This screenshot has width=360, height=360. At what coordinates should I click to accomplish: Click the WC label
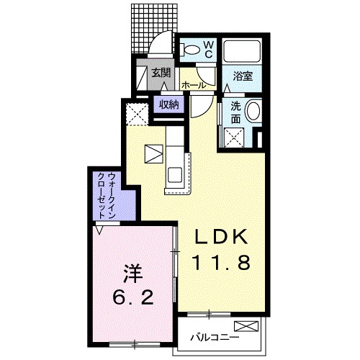pos(208,50)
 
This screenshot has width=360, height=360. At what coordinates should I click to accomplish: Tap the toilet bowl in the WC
pos(190,50)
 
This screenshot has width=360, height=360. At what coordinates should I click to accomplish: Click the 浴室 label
pos(243,76)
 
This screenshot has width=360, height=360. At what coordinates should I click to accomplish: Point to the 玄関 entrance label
pos(161,72)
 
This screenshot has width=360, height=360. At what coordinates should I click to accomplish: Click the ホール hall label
pos(194,85)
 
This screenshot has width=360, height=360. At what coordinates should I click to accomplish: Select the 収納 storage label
pos(169,104)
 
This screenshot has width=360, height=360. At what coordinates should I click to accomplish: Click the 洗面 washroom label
pos(235,112)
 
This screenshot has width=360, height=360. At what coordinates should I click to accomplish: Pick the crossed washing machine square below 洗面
pos(234,138)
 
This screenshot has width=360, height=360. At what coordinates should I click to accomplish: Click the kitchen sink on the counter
pos(174,174)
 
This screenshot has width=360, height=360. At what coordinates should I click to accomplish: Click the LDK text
pos(221,236)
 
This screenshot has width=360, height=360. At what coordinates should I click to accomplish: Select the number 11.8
pos(221,262)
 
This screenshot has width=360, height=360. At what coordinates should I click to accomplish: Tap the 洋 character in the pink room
pos(133,274)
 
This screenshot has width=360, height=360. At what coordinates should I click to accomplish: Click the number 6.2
pos(132,297)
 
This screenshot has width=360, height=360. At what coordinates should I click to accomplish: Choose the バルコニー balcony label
pos(215,338)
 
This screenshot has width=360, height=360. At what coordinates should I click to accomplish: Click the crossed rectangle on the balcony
pos(246,326)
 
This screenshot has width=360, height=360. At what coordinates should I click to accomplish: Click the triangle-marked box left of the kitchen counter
pos(153,153)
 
